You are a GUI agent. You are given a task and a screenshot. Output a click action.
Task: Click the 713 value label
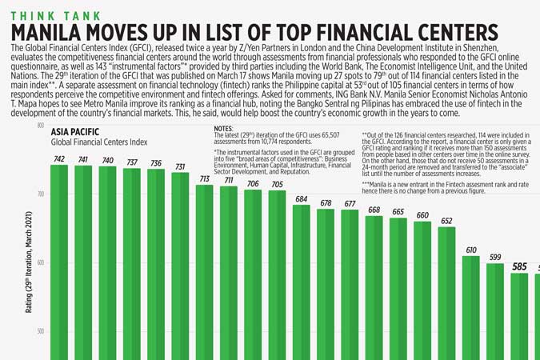pyautogui.click(x=205, y=179)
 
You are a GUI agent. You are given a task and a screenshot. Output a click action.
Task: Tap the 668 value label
pyautogui.click(x=374, y=210)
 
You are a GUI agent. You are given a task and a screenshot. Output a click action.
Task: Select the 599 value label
pyautogui.click(x=495, y=258)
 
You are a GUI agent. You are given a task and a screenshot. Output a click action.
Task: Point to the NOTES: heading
pyautogui.click(x=224, y=128)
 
